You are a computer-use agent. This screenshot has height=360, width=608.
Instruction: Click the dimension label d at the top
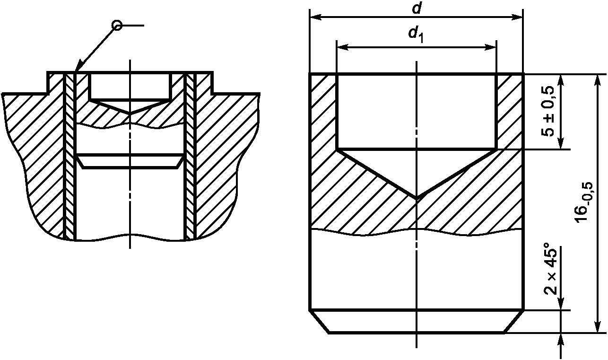(416, 9)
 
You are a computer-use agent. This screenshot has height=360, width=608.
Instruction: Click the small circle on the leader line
(117, 26)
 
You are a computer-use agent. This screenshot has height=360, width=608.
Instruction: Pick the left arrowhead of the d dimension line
(316, 17)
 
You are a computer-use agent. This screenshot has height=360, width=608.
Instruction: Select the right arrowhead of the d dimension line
(517, 17)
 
